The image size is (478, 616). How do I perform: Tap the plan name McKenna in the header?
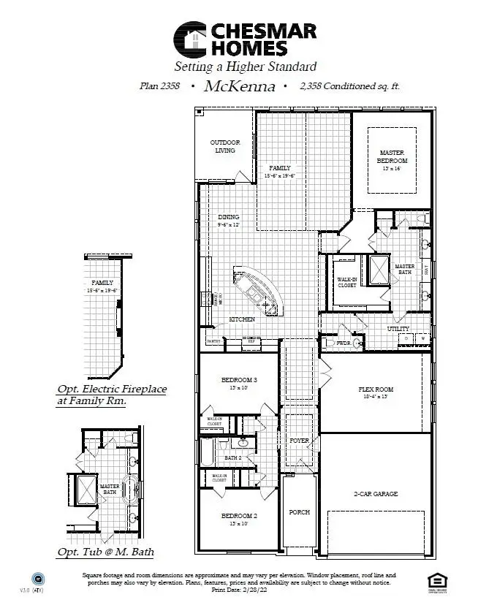point(240,86)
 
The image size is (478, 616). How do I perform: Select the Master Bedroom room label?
point(392,156)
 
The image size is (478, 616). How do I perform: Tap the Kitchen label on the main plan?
point(242,320)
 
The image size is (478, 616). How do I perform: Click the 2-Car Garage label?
point(376,494)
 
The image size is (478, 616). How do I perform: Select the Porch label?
point(298,512)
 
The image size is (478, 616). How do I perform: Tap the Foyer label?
point(299,441)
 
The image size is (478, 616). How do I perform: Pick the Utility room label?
point(398,330)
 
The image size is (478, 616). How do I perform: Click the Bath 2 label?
point(233,457)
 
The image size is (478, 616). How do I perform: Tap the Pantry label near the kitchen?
point(213,341)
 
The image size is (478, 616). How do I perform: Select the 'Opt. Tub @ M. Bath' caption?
point(105,552)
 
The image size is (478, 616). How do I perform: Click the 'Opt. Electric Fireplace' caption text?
point(112,390)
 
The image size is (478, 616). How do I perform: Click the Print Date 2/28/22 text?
point(238,588)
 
